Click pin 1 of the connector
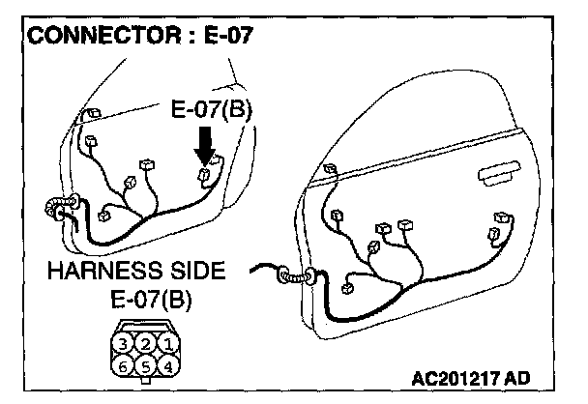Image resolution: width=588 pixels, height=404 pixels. (166, 344)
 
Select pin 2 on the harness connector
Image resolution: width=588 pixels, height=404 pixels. (145, 344)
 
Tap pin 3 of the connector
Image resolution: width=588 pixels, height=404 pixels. (123, 344)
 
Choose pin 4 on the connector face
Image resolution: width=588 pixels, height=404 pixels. (166, 366)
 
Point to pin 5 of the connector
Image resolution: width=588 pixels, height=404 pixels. (145, 366)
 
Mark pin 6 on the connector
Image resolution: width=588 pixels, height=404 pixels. (123, 366)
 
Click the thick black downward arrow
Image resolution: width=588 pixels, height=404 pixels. (203, 146)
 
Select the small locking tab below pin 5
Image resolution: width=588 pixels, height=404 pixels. (145, 382)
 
